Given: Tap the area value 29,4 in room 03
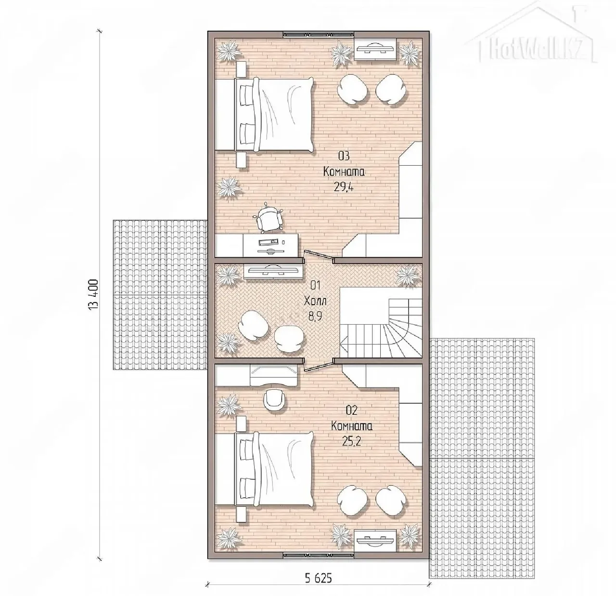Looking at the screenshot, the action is point(344,187).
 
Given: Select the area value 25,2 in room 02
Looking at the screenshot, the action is point(352,441).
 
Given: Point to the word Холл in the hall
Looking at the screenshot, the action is point(315,301).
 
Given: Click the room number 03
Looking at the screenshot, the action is point(344,156).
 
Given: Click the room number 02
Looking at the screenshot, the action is point(352,411).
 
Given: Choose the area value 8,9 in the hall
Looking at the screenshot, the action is point(315,316).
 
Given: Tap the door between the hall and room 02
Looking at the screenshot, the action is point(319,365).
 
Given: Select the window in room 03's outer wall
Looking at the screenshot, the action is point(319,35).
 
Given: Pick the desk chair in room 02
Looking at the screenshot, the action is point(275,401).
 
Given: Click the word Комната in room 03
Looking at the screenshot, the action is point(344,172).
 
